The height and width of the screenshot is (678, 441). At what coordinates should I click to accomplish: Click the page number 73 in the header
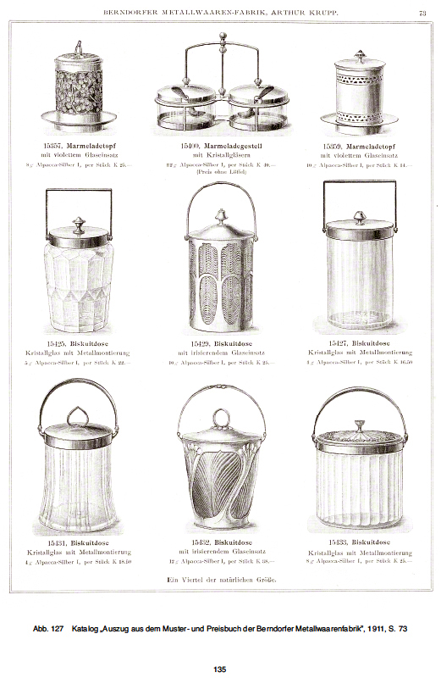point(422,12)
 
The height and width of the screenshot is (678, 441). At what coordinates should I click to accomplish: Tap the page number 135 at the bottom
point(219,670)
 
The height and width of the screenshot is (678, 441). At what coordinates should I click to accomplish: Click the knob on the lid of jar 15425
point(78,225)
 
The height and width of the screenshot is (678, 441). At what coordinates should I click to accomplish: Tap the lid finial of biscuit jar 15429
point(218,218)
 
